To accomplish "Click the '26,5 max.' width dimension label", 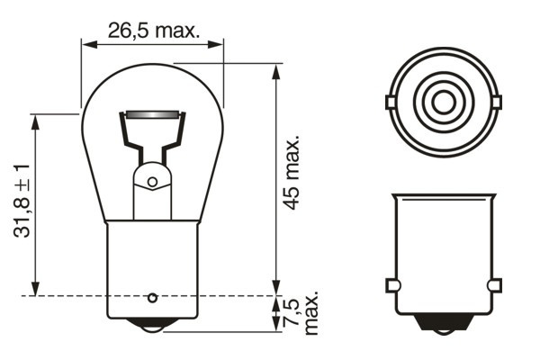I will [x=152, y=30].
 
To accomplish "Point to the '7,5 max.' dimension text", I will [x=299, y=312].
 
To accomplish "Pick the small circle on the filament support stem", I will [x=152, y=182].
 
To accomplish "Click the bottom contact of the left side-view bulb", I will [x=152, y=327].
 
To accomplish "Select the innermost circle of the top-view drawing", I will [x=442, y=101].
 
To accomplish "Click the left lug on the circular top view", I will [x=390, y=102].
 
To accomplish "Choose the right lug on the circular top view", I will [x=494, y=102].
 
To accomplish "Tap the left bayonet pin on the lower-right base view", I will [x=391, y=285].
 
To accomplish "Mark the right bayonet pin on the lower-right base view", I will [x=493, y=285].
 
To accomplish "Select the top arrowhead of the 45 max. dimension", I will [x=274, y=69].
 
